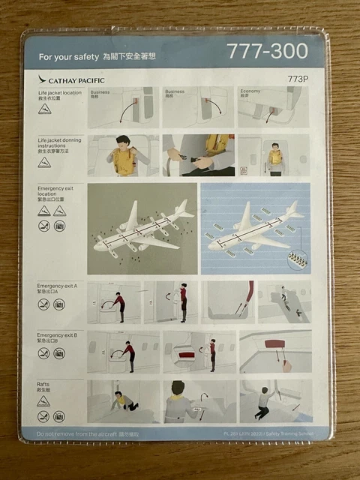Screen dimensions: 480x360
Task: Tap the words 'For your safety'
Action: [x=68, y=56]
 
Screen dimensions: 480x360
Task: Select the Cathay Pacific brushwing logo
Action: [x=43, y=79]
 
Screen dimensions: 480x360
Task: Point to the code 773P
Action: [x=298, y=78]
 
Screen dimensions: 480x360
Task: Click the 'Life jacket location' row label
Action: [x=59, y=93]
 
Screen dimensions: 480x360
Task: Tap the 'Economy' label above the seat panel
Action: [x=250, y=91]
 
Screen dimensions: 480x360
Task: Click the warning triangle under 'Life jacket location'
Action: [x=44, y=109]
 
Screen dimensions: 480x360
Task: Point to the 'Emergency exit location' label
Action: [x=55, y=190]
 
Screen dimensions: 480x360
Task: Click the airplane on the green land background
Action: [x=142, y=229]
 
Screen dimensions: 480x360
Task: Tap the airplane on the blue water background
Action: [x=255, y=229]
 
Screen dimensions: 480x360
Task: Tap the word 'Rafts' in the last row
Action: [x=44, y=384]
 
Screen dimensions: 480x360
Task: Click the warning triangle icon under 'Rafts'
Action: [x=44, y=401]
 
